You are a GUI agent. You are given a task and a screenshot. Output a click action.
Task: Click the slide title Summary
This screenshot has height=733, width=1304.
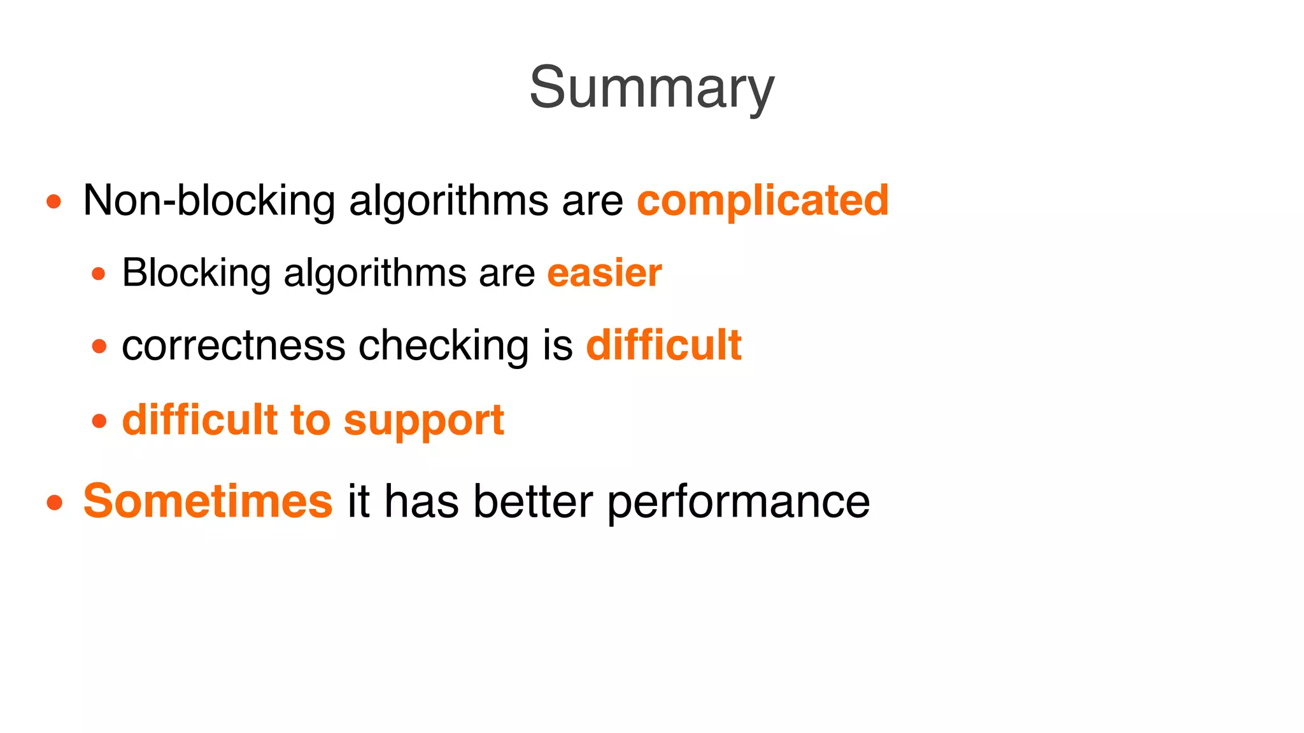click(x=651, y=88)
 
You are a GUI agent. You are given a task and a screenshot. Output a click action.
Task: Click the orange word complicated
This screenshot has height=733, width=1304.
click(x=762, y=200)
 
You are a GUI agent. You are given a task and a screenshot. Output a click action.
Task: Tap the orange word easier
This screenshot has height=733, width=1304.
click(x=604, y=273)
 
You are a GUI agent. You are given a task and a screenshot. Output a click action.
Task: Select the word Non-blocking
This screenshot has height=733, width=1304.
click(x=209, y=200)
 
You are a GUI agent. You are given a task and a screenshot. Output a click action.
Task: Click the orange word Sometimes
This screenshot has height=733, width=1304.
click(x=208, y=501)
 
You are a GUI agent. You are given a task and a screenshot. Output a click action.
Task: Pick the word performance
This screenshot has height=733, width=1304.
click(x=738, y=501)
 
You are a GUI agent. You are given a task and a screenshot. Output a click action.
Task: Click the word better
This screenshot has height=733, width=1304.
click(x=533, y=501)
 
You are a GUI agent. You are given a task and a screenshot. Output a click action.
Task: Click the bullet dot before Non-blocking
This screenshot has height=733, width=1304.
click(x=54, y=202)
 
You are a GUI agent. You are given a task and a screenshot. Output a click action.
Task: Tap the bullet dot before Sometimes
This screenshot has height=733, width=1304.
click(x=54, y=503)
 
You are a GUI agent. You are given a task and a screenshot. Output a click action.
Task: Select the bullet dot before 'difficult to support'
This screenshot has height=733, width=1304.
click(x=99, y=421)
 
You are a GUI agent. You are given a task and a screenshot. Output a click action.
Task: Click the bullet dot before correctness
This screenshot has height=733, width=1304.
click(x=99, y=347)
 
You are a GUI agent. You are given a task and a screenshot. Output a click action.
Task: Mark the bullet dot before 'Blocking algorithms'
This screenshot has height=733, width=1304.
click(x=99, y=274)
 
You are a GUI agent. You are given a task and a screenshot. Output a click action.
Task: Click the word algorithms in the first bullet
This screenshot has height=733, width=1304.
click(x=448, y=200)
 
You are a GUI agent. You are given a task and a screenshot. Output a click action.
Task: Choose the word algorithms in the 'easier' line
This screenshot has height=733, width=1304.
click(x=374, y=273)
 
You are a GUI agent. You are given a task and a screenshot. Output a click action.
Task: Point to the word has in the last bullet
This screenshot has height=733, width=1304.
click(x=421, y=501)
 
